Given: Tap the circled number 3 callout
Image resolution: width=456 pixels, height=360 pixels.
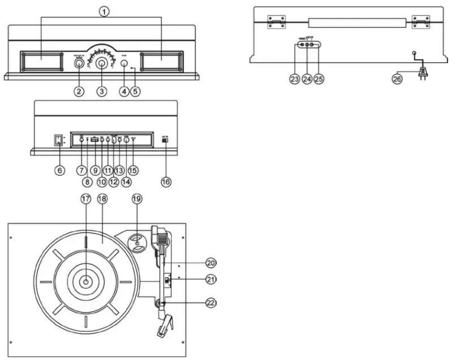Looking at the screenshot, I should (102, 90).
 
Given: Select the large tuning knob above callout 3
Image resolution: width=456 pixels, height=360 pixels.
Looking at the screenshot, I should (102, 64).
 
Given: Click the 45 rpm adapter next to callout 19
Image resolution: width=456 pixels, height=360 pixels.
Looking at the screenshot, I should (136, 243).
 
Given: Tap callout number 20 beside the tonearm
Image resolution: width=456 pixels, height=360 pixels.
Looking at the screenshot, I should (211, 263).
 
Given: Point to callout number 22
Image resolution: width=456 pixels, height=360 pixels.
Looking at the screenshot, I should (211, 302).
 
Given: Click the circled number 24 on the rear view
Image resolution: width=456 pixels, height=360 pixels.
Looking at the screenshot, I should (307, 80).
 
